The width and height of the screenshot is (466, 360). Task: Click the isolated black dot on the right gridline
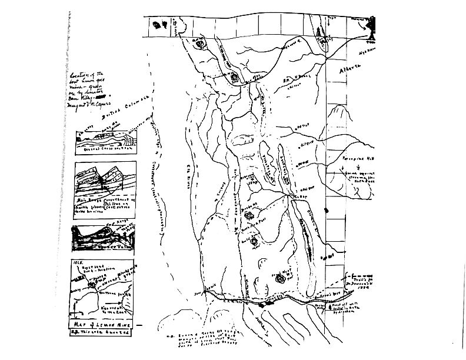point(327,209)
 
